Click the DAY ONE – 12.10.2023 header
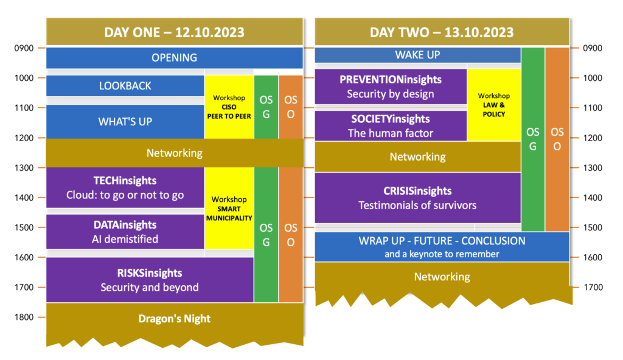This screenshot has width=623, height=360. [x=175, y=32]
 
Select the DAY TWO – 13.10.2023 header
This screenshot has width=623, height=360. [x=442, y=32]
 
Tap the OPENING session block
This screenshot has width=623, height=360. [x=175, y=58]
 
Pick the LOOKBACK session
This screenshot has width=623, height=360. [x=125, y=86]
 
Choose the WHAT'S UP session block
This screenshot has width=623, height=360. [x=125, y=122]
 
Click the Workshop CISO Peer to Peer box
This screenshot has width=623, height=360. [x=229, y=107]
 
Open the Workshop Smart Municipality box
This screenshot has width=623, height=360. [x=229, y=208]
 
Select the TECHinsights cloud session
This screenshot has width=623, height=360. [x=125, y=187]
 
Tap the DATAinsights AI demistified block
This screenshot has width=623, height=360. [x=125, y=232]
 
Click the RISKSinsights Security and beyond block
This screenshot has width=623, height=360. [x=150, y=280]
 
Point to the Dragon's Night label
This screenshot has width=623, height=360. [x=175, y=319]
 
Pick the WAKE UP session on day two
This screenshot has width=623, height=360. [x=417, y=55]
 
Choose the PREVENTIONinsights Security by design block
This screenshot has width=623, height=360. [x=391, y=86]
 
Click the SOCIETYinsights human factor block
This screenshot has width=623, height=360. [x=391, y=125]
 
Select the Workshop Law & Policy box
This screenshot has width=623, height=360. [x=494, y=105]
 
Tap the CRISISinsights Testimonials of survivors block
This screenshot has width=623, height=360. [x=417, y=198]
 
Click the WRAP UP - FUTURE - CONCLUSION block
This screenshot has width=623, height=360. [x=442, y=247]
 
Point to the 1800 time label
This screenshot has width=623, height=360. [x=24, y=317]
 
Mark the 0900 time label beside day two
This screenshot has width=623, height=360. [x=593, y=48]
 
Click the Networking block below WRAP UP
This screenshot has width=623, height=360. [x=442, y=277]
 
